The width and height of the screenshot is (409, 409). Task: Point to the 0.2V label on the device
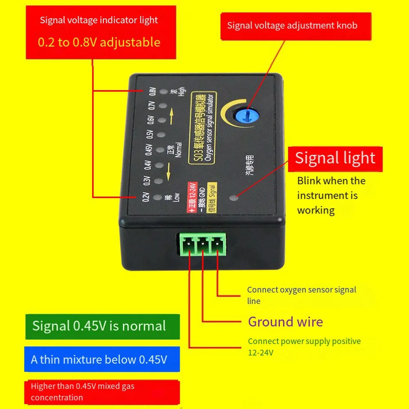[144, 197]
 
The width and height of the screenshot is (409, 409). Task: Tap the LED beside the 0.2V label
[156, 198]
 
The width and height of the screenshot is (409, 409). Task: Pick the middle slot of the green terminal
[201, 246]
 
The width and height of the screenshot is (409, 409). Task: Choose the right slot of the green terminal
[216, 246]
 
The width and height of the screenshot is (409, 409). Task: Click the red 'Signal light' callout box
[335, 159]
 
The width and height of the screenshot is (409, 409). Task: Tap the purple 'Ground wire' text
[286, 322]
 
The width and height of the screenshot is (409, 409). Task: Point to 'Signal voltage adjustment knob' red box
[292, 26]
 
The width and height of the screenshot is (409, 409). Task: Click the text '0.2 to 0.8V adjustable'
[99, 42]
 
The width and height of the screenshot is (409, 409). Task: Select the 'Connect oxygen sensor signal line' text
[302, 295]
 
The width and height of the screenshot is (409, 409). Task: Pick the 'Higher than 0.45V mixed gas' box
[102, 392]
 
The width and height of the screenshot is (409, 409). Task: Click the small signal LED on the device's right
[233, 199]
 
